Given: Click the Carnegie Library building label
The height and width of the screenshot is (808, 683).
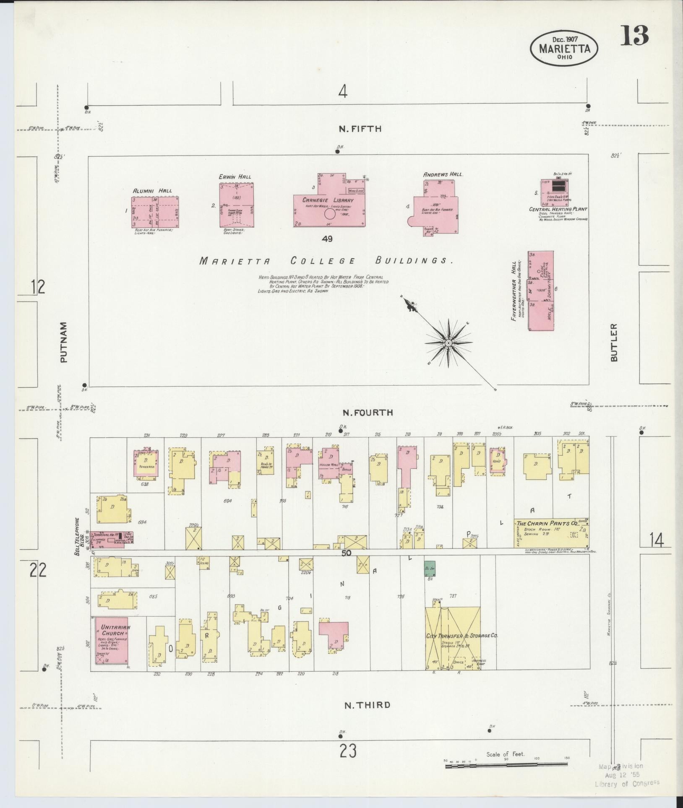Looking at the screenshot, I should [329, 200].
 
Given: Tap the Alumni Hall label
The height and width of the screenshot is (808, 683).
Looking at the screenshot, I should [152, 191].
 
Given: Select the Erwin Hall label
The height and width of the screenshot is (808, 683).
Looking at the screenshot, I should [235, 177].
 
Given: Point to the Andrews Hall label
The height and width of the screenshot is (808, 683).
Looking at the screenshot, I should [442, 174].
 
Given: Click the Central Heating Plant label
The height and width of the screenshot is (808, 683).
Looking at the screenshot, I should [558, 209].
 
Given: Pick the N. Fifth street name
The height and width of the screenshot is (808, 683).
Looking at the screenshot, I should [360, 129].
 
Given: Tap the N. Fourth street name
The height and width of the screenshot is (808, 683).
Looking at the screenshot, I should [368, 413].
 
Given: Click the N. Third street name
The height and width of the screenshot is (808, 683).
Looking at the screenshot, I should [367, 705].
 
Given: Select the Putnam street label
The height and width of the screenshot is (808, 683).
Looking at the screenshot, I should [63, 342].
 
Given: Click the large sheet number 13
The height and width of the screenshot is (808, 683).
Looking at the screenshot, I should [635, 36].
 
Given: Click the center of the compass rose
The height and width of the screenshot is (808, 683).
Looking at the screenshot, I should [448, 343].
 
